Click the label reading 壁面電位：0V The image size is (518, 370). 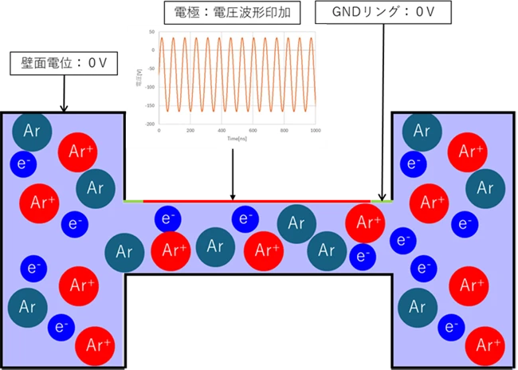(x=58, y=62)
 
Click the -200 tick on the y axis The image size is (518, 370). (x=149, y=124)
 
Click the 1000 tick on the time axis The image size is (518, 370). (x=315, y=130)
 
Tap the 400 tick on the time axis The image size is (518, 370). (x=221, y=130)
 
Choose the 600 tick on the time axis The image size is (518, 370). (x=253, y=130)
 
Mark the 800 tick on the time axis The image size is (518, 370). (x=284, y=130)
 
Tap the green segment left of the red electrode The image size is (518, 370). (x=133, y=199)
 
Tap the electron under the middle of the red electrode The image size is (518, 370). (x=245, y=217)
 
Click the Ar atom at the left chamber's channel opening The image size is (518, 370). (x=124, y=252)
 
